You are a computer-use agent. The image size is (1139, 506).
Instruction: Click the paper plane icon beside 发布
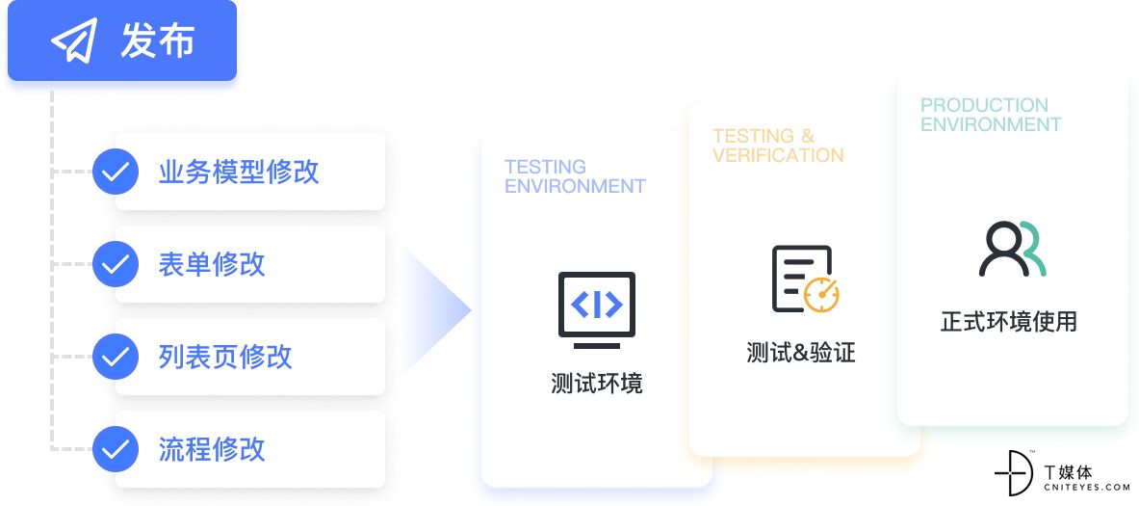[74, 40]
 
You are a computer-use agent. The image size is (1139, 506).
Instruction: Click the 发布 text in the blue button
[158, 40]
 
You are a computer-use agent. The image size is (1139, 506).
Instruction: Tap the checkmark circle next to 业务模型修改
[116, 172]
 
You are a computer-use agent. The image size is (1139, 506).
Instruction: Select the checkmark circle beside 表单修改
[116, 264]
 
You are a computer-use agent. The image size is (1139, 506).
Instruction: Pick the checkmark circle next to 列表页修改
[116, 357]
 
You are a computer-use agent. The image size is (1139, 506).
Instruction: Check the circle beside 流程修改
[116, 448]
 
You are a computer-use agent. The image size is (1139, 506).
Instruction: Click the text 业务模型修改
[239, 172]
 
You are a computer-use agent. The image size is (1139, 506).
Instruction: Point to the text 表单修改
[212, 264]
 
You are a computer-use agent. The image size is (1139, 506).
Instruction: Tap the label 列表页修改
[225, 357]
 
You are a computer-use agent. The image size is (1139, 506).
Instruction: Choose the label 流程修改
[212, 448]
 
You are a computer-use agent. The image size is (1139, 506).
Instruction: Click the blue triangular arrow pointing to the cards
[436, 310]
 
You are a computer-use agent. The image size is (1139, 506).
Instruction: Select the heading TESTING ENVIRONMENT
[575, 176]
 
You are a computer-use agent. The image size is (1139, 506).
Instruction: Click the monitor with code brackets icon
[596, 309]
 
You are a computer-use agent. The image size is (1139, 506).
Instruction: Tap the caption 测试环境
[596, 384]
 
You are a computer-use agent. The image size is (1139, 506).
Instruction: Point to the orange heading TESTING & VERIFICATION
[778, 146]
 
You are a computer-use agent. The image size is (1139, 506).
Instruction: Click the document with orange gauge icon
[805, 280]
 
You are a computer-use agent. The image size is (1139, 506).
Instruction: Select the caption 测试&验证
[800, 353]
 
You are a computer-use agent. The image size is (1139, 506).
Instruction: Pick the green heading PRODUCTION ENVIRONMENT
[991, 115]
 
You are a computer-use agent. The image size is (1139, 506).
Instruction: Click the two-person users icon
[1013, 249]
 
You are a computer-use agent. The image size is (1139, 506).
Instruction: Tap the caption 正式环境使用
[1009, 321]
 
